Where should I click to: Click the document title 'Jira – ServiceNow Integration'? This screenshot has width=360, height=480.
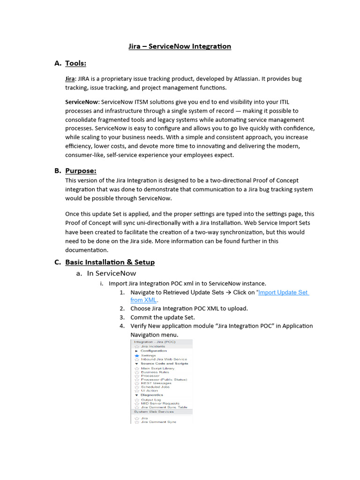[180, 46]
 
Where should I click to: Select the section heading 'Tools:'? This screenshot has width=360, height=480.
[75, 63]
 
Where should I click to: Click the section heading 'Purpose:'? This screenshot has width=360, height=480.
[81, 171]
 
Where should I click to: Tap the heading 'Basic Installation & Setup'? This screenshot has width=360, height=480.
[110, 262]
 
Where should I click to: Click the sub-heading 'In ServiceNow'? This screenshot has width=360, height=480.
[112, 273]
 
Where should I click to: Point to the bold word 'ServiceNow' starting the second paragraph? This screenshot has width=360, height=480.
[82, 102]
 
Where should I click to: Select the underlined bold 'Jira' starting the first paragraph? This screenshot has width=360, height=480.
[70, 79]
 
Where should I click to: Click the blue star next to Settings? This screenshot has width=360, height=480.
[137, 356]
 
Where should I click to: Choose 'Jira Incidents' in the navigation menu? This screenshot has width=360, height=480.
[153, 346]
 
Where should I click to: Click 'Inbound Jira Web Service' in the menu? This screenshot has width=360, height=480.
[164, 360]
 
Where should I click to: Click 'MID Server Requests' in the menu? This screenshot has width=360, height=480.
[160, 404]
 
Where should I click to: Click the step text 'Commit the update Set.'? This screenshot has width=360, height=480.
[162, 317]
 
